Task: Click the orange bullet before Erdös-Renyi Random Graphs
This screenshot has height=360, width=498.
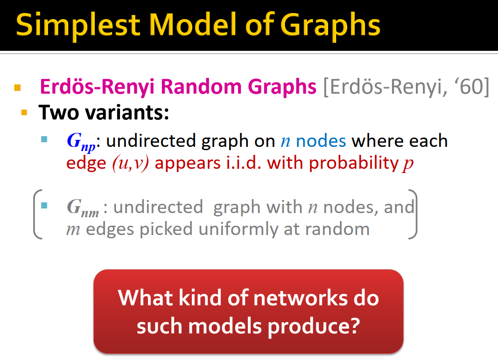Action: pos(18,87)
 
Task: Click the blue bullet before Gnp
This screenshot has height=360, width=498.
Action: pos(44,139)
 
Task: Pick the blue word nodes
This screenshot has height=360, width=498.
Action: pos(321,141)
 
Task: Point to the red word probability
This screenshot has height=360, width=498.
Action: pos(353,164)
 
